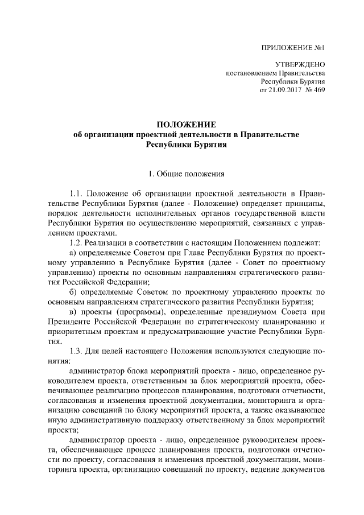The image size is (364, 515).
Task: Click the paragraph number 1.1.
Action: tap(76, 195)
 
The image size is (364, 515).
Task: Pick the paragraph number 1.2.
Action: tap(76, 244)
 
